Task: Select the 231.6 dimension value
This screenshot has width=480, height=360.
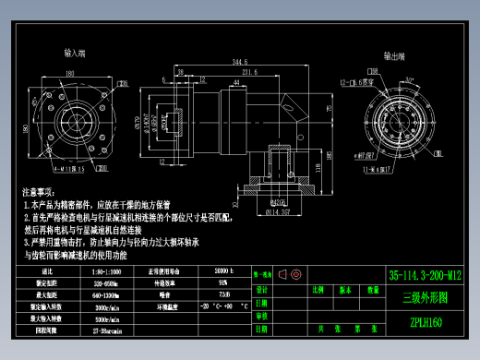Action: [249, 71]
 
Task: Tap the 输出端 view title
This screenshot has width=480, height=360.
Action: [394, 55]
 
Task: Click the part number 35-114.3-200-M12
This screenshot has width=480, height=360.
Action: [424, 274]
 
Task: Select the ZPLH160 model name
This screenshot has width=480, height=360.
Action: [424, 322]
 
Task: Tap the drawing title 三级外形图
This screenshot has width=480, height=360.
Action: [424, 297]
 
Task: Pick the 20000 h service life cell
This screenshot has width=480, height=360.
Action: [222, 271]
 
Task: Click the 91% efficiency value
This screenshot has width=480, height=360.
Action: [222, 282]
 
